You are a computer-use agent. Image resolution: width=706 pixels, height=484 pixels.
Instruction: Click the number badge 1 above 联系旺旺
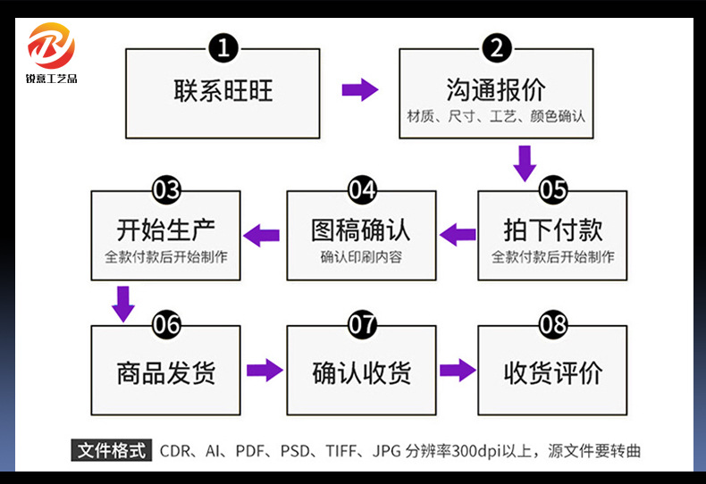tap(223, 47)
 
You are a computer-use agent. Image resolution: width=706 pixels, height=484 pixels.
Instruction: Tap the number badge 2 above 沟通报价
tap(496, 47)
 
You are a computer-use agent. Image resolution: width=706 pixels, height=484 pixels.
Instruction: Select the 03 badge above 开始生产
tap(167, 189)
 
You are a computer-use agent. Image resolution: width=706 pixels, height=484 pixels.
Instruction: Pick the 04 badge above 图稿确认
tap(362, 189)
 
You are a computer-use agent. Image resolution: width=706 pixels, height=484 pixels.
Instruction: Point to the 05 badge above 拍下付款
tap(553, 189)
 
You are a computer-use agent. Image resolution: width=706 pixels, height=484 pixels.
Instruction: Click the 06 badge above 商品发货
tap(167, 324)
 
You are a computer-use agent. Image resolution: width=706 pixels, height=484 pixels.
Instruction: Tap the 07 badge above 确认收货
tap(362, 324)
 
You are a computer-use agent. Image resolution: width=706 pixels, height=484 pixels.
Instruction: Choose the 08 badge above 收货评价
tap(553, 324)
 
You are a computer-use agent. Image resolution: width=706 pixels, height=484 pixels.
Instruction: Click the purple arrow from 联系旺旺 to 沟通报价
tap(360, 89)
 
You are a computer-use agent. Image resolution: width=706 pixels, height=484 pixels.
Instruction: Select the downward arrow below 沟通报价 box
tap(525, 163)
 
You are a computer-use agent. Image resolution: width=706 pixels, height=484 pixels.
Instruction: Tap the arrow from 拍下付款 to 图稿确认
tap(458, 235)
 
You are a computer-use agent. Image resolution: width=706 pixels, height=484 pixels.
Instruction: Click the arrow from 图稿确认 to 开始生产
tap(263, 235)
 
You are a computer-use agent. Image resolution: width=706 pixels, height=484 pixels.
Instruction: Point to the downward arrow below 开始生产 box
tap(123, 304)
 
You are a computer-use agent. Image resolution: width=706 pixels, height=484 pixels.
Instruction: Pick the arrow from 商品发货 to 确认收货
tap(265, 370)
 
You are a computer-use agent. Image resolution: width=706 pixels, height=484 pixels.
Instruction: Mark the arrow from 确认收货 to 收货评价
tap(458, 370)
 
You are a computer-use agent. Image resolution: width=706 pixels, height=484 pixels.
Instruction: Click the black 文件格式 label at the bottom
tap(112, 450)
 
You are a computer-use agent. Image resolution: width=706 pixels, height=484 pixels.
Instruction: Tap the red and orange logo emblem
tap(52, 45)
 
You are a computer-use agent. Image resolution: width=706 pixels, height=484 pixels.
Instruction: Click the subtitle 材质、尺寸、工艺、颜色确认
tap(496, 116)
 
